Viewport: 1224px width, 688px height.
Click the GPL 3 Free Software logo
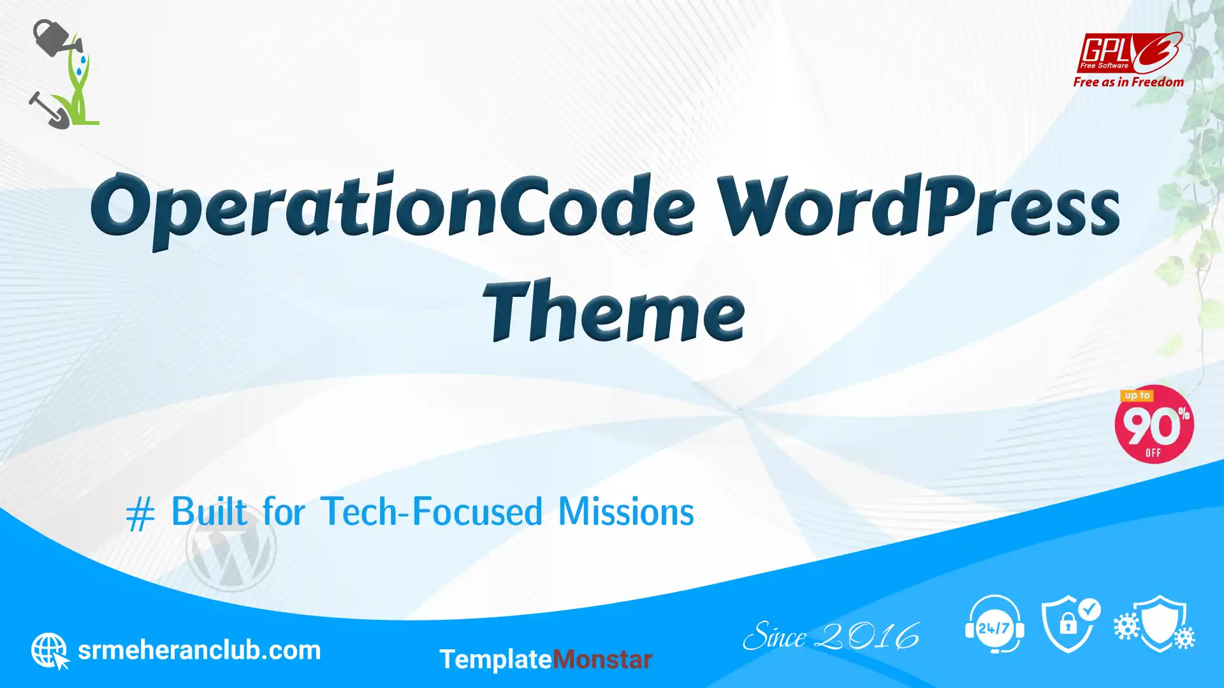coord(1129,53)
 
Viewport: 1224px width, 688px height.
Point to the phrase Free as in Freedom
coord(1128,82)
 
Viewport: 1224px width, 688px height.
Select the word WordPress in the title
coord(918,205)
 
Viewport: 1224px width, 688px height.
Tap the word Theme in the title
coord(614,311)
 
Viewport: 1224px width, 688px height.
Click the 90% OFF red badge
coord(1154,424)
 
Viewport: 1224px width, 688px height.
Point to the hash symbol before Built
coord(140,513)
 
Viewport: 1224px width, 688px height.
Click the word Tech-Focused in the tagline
coord(432,512)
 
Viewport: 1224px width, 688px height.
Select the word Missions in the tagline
coord(626,512)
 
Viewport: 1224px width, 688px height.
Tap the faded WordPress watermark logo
coord(231,547)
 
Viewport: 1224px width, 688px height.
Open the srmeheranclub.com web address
coord(199,650)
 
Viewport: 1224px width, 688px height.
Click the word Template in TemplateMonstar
coord(495,659)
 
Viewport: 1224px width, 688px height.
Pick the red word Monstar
coord(602,659)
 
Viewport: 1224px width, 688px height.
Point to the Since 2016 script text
coord(831,636)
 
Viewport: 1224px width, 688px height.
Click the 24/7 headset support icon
coord(994,624)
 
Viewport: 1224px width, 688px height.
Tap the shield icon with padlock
coord(1071,624)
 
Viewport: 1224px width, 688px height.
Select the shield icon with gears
coord(1155,624)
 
